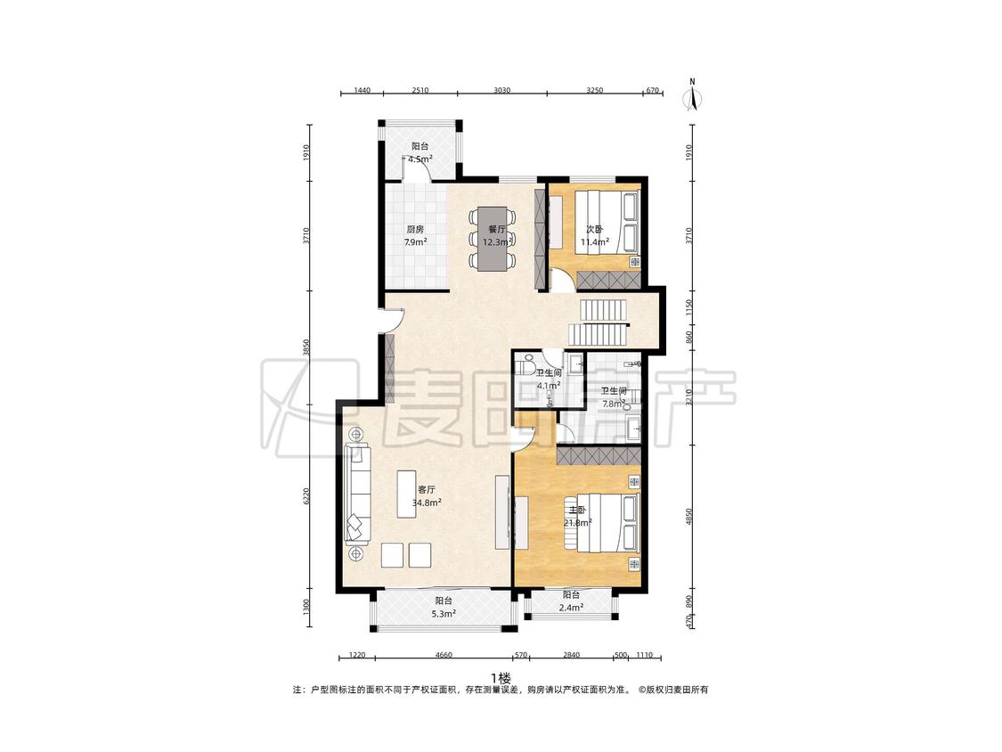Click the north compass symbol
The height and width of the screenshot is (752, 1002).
point(693,95)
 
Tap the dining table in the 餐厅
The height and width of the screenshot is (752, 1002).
point(492,238)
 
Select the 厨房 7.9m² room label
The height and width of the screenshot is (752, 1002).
point(415,235)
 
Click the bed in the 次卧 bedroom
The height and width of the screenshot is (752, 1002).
point(607,222)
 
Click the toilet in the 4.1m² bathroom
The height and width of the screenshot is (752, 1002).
point(526,366)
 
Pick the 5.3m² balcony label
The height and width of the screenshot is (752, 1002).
point(444,608)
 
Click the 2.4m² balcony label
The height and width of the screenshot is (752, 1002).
point(571,601)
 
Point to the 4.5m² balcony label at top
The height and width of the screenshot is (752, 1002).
point(420,153)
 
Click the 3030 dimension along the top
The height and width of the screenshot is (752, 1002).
point(501,90)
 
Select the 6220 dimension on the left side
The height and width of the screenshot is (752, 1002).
point(306,497)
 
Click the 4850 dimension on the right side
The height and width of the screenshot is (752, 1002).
point(688,518)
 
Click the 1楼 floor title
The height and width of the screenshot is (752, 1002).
point(501,678)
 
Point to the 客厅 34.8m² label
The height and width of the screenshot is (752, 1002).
point(427,496)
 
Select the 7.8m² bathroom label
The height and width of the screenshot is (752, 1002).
point(614,397)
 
